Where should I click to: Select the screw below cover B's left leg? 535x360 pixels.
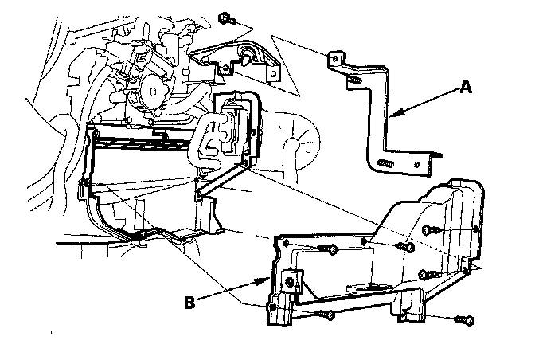(327, 316)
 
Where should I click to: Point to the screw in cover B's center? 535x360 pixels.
(406, 248)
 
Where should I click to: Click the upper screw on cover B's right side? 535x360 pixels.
(430, 230)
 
